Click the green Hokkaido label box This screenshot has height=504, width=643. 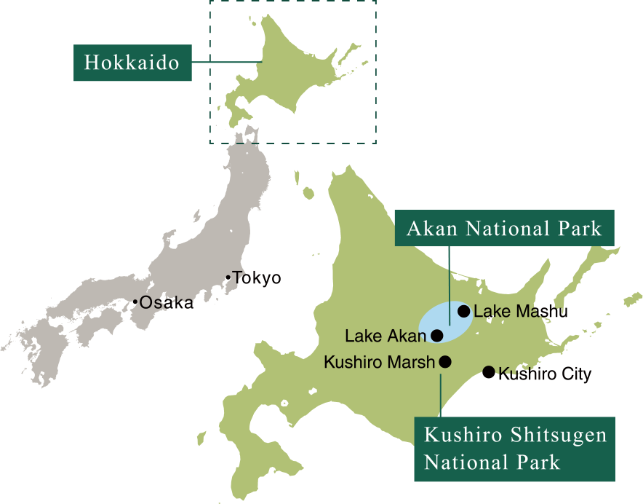pyautogui.click(x=132, y=63)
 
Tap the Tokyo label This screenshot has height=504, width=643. pyautogui.click(x=257, y=278)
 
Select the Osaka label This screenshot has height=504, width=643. pyautogui.click(x=167, y=303)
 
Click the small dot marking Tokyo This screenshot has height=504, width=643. pyautogui.click(x=228, y=277)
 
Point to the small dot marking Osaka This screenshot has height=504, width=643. pyautogui.click(x=135, y=302)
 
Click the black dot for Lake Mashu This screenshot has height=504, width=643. pyautogui.click(x=463, y=311)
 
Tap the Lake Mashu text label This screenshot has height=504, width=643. pyautogui.click(x=520, y=312)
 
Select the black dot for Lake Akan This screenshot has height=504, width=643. pyautogui.click(x=437, y=336)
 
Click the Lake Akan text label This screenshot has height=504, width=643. pyautogui.click(x=385, y=336)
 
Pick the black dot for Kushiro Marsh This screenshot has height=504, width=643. pyautogui.click(x=445, y=361)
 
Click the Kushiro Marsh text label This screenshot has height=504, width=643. pyautogui.click(x=379, y=362)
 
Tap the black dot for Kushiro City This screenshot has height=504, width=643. pyautogui.click(x=489, y=373)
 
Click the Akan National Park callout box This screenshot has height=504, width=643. pyautogui.click(x=504, y=229)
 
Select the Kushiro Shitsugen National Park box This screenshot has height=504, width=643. pyautogui.click(x=514, y=449)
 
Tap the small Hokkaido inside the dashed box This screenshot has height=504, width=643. pyautogui.click(x=291, y=69)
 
